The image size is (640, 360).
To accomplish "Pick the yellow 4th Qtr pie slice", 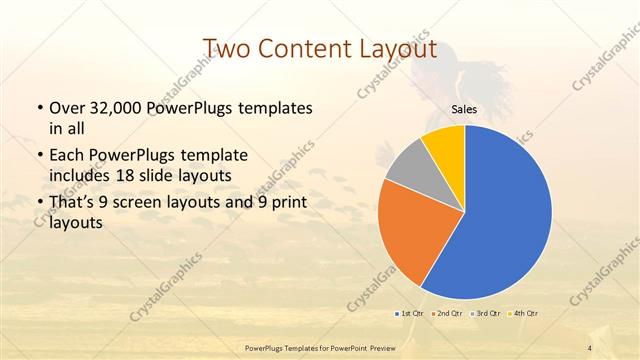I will [x=443, y=146].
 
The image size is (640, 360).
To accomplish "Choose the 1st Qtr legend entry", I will [x=409, y=313].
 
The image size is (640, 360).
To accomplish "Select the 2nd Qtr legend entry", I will [x=449, y=313].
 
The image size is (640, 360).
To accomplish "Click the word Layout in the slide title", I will [x=395, y=49].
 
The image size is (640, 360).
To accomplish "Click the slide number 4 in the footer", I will [x=590, y=347].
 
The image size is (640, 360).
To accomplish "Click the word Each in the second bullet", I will [x=66, y=155].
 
